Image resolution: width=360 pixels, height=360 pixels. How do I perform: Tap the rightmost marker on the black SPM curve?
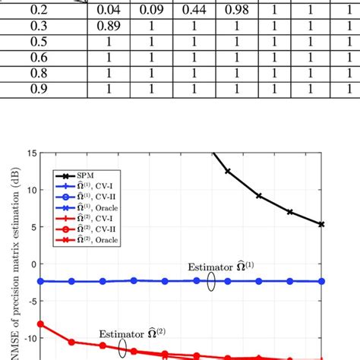321,224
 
